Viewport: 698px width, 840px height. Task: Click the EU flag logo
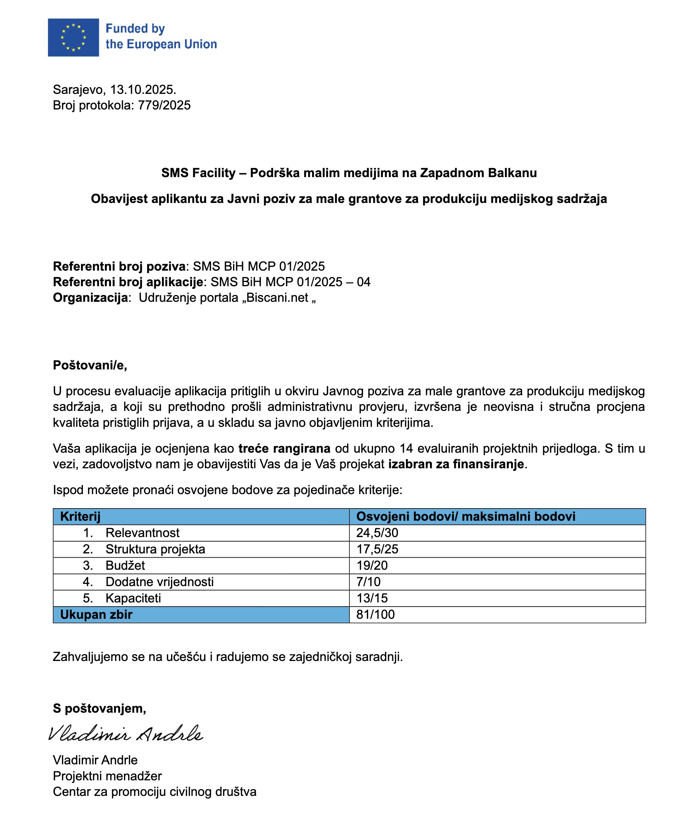(x=73, y=37)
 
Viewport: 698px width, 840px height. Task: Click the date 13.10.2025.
(x=143, y=90)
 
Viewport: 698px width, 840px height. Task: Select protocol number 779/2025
(x=164, y=105)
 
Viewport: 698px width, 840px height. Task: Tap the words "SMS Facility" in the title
(x=198, y=173)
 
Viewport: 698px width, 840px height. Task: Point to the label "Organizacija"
(x=90, y=298)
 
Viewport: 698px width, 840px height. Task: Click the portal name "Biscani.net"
(x=277, y=298)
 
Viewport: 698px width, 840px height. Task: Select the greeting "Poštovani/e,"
(x=90, y=365)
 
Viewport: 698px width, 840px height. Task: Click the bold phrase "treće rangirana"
(x=284, y=449)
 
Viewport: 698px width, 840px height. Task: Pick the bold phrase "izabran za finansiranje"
(x=456, y=464)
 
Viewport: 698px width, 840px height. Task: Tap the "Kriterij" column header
(x=80, y=517)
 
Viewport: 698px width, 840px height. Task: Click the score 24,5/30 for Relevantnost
(x=377, y=533)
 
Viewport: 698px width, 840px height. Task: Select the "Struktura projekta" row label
(x=155, y=549)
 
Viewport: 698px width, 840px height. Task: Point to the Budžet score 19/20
(x=372, y=566)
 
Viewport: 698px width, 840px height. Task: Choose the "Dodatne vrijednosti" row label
(x=160, y=582)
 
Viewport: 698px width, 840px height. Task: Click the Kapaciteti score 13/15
(x=372, y=598)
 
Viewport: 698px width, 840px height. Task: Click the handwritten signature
(x=125, y=734)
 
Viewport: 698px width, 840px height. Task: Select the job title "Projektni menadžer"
(x=107, y=776)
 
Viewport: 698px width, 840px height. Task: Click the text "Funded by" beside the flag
(x=135, y=29)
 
